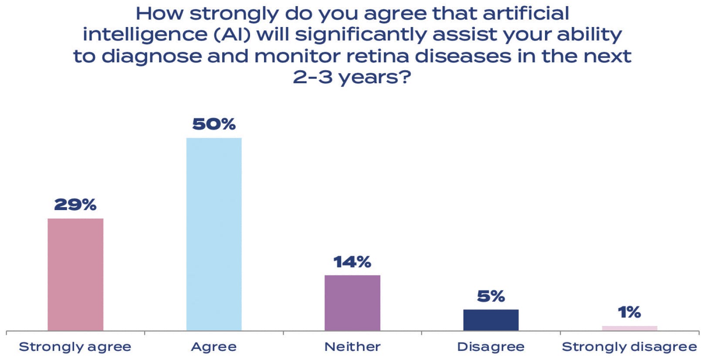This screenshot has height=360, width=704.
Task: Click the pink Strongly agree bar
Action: (x=75, y=274)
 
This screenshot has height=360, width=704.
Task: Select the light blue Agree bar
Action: (x=214, y=234)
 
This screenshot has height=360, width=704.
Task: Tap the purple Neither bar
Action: (x=352, y=302)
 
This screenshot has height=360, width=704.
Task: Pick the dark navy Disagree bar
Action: (x=491, y=320)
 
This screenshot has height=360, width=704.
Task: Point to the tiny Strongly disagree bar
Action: (x=630, y=328)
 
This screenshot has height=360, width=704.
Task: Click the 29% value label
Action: (x=75, y=204)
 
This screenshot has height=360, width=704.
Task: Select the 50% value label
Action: (x=214, y=124)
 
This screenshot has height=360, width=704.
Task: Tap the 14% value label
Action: (x=352, y=262)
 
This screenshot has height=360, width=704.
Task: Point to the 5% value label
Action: (x=491, y=296)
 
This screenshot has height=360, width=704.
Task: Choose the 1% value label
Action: (x=630, y=312)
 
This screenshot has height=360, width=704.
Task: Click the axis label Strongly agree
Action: (x=75, y=347)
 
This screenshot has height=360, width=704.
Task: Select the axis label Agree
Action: (x=214, y=347)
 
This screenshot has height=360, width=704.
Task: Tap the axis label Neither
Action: (x=352, y=347)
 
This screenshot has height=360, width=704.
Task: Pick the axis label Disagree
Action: (x=491, y=347)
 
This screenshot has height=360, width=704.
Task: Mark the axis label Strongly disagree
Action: (x=630, y=347)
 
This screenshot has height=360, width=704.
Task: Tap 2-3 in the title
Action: (x=312, y=77)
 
